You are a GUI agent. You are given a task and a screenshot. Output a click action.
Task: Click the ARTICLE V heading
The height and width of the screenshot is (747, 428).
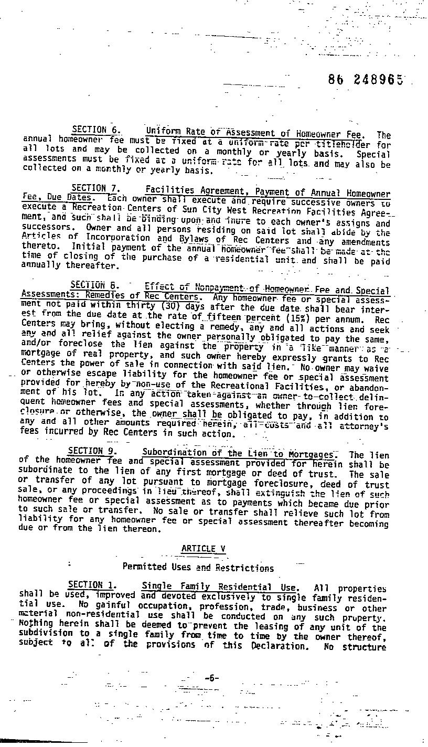tap(203, 549)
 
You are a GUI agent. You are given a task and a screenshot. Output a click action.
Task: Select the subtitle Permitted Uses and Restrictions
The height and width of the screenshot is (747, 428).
tap(198, 567)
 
